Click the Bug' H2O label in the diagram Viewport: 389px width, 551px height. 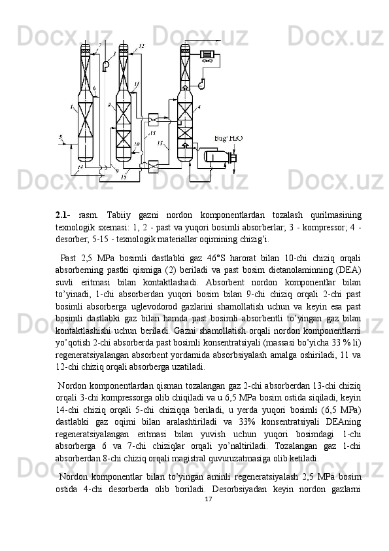[228, 139]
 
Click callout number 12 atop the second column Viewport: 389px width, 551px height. [142, 46]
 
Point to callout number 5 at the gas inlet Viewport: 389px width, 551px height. [61, 137]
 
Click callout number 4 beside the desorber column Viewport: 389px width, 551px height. [199, 106]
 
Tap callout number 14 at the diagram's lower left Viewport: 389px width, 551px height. [80, 168]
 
